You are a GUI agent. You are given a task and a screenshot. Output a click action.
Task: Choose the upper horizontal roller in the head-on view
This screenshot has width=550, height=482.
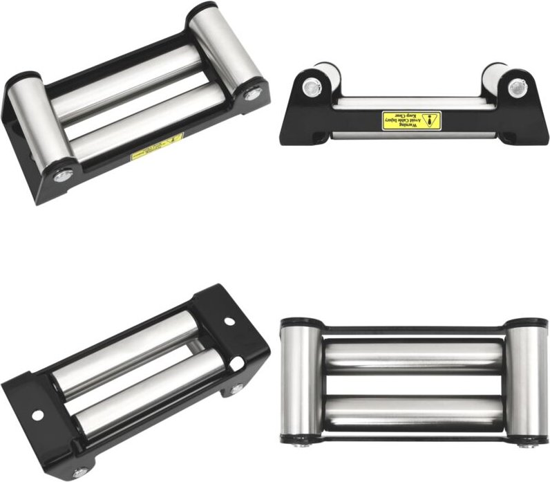pos(413,355)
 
